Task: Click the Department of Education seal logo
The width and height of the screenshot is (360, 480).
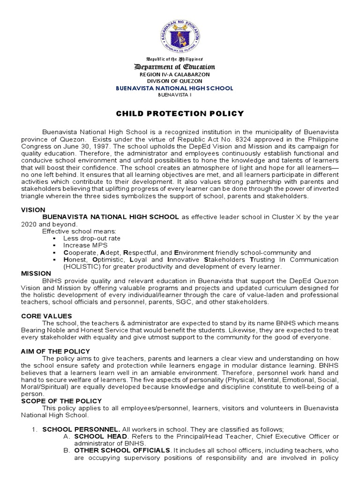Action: (180, 30)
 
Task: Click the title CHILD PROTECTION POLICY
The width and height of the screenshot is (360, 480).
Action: (180, 113)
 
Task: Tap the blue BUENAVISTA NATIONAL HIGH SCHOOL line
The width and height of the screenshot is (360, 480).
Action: (180, 88)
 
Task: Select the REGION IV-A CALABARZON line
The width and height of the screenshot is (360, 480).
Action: (180, 75)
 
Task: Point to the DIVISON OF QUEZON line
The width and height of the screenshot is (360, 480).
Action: (180, 81)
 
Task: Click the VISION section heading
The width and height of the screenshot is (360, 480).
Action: (33, 210)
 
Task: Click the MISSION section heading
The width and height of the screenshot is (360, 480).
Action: (36, 273)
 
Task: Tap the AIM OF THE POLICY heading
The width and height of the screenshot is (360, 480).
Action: (55, 351)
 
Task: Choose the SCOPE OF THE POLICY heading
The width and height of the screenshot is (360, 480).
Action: (61, 401)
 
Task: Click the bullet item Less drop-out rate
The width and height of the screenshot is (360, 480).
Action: (92, 238)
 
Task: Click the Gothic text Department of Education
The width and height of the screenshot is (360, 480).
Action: (180, 67)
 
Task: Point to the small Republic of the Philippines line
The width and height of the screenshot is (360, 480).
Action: (180, 60)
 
